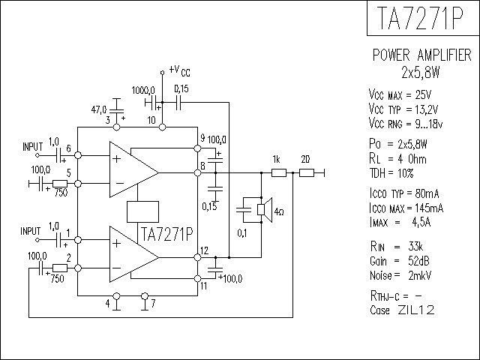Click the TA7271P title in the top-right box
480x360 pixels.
click(x=421, y=18)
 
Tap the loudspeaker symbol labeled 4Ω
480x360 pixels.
click(x=265, y=210)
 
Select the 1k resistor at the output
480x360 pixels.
click(x=279, y=173)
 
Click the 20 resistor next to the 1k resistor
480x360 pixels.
click(x=307, y=173)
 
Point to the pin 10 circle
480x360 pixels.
click(x=163, y=127)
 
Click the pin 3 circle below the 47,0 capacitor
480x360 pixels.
click(x=117, y=127)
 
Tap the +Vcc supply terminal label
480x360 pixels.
click(x=179, y=70)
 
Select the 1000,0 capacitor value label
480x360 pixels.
click(x=143, y=91)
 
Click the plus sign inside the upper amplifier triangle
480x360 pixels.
click(x=117, y=158)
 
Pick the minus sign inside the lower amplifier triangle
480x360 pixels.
click(x=117, y=268)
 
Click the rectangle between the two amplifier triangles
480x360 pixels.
click(x=142, y=211)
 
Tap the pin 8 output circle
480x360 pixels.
click(x=198, y=173)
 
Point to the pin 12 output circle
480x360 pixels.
click(x=198, y=257)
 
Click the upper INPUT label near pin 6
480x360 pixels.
click(x=32, y=147)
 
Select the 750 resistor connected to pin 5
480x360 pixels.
click(x=60, y=183)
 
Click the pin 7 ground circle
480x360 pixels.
click(x=145, y=296)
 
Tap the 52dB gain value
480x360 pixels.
click(x=418, y=261)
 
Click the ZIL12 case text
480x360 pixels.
click(x=416, y=310)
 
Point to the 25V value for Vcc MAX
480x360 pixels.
click(x=423, y=95)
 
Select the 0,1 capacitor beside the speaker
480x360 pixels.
click(x=244, y=210)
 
